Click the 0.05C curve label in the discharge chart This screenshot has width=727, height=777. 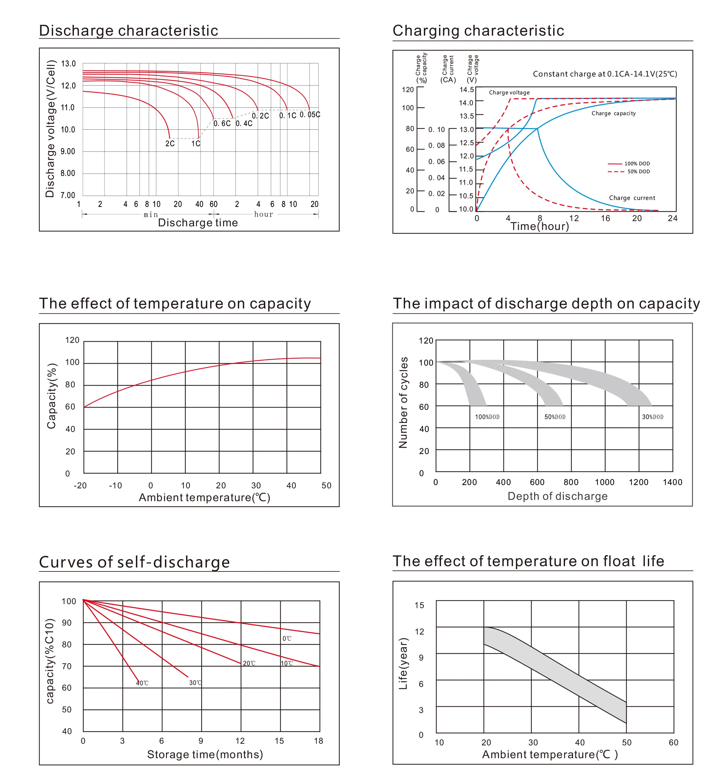tap(310, 114)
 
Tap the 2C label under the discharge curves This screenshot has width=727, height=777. tap(170, 144)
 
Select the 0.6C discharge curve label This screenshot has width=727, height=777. tap(222, 123)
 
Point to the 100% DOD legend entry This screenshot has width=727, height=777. tap(636, 163)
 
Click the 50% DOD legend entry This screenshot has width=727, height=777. tap(638, 172)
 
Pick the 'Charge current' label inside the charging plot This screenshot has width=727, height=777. tap(632, 198)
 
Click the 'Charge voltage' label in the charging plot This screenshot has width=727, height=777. tap(509, 93)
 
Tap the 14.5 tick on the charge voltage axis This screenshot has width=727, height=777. tap(466, 90)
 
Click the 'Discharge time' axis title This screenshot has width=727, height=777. tap(198, 223)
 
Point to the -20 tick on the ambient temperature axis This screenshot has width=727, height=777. tap(80, 485)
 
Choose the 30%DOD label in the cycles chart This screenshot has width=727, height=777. tap(652, 417)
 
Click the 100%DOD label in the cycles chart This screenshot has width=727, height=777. tap(487, 417)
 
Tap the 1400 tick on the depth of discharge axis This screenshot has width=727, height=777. tap(672, 482)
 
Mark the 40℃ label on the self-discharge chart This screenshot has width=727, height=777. tap(142, 683)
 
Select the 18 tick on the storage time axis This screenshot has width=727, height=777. tap(318, 741)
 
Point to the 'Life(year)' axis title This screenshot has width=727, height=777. tap(403, 663)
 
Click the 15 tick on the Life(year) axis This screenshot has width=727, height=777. tap(419, 605)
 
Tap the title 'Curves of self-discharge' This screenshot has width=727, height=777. tap(134, 562)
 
